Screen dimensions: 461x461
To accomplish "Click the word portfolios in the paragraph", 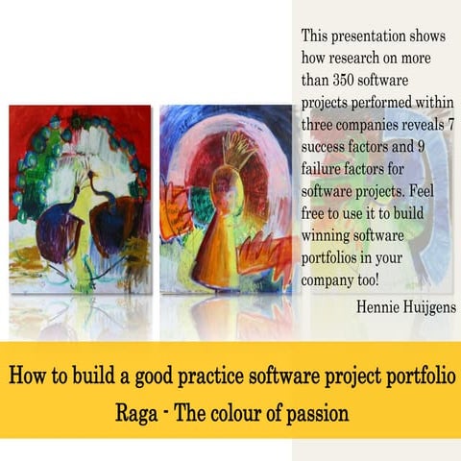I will coord(336,259).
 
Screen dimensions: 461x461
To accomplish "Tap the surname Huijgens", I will coord(428,307).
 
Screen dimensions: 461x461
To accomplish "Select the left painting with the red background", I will coord(80,197).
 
